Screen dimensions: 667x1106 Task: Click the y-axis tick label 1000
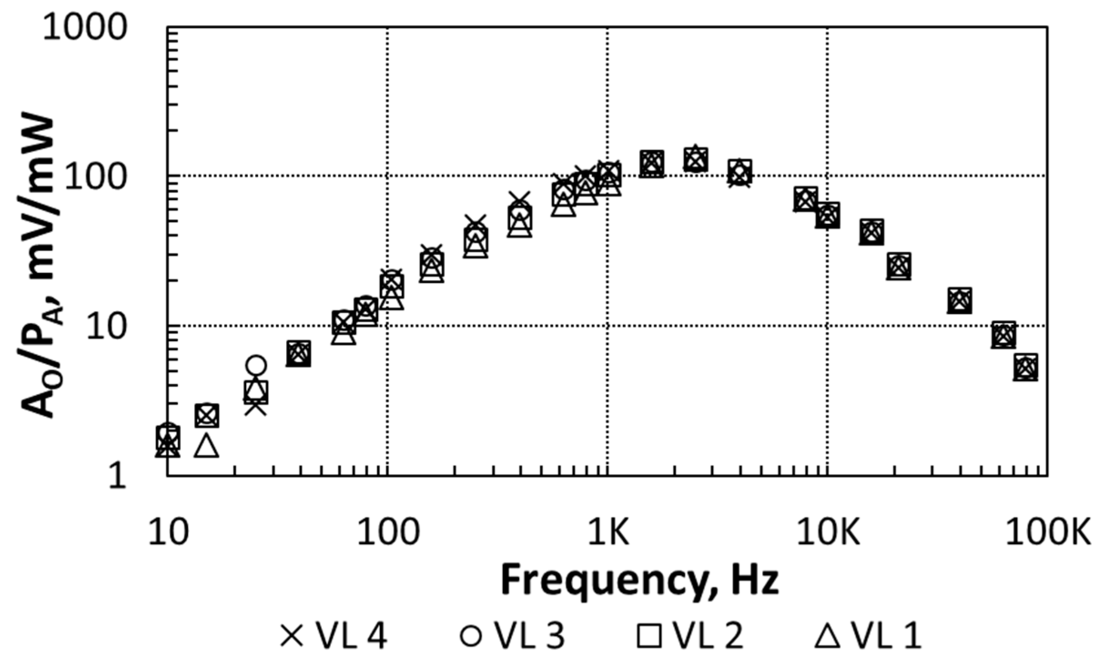point(84,28)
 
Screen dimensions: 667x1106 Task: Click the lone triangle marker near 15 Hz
point(207,446)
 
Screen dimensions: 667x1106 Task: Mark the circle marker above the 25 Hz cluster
point(256,364)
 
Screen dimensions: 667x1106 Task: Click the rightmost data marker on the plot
point(1025,367)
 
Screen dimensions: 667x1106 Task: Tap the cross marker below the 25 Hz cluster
point(256,406)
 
